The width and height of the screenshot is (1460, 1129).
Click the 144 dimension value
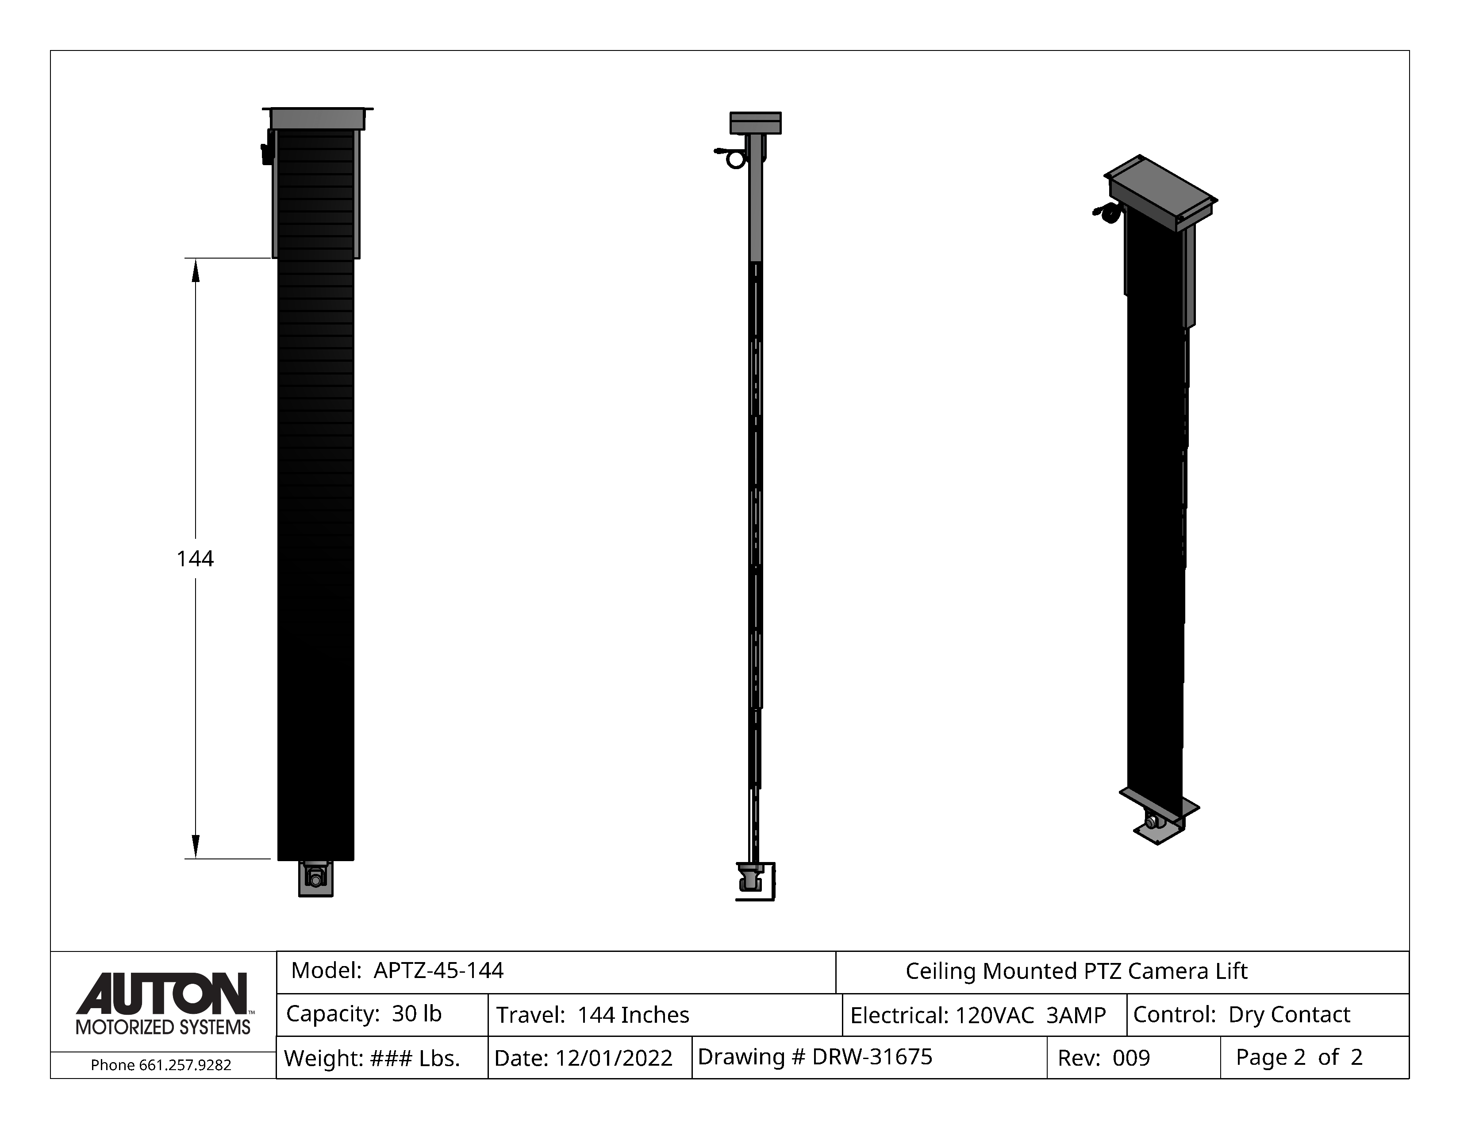click(195, 558)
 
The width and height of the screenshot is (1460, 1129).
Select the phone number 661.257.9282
click(185, 1065)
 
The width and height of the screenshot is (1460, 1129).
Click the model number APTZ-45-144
click(438, 970)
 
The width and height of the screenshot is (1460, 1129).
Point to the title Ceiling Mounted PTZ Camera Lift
click(1076, 971)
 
